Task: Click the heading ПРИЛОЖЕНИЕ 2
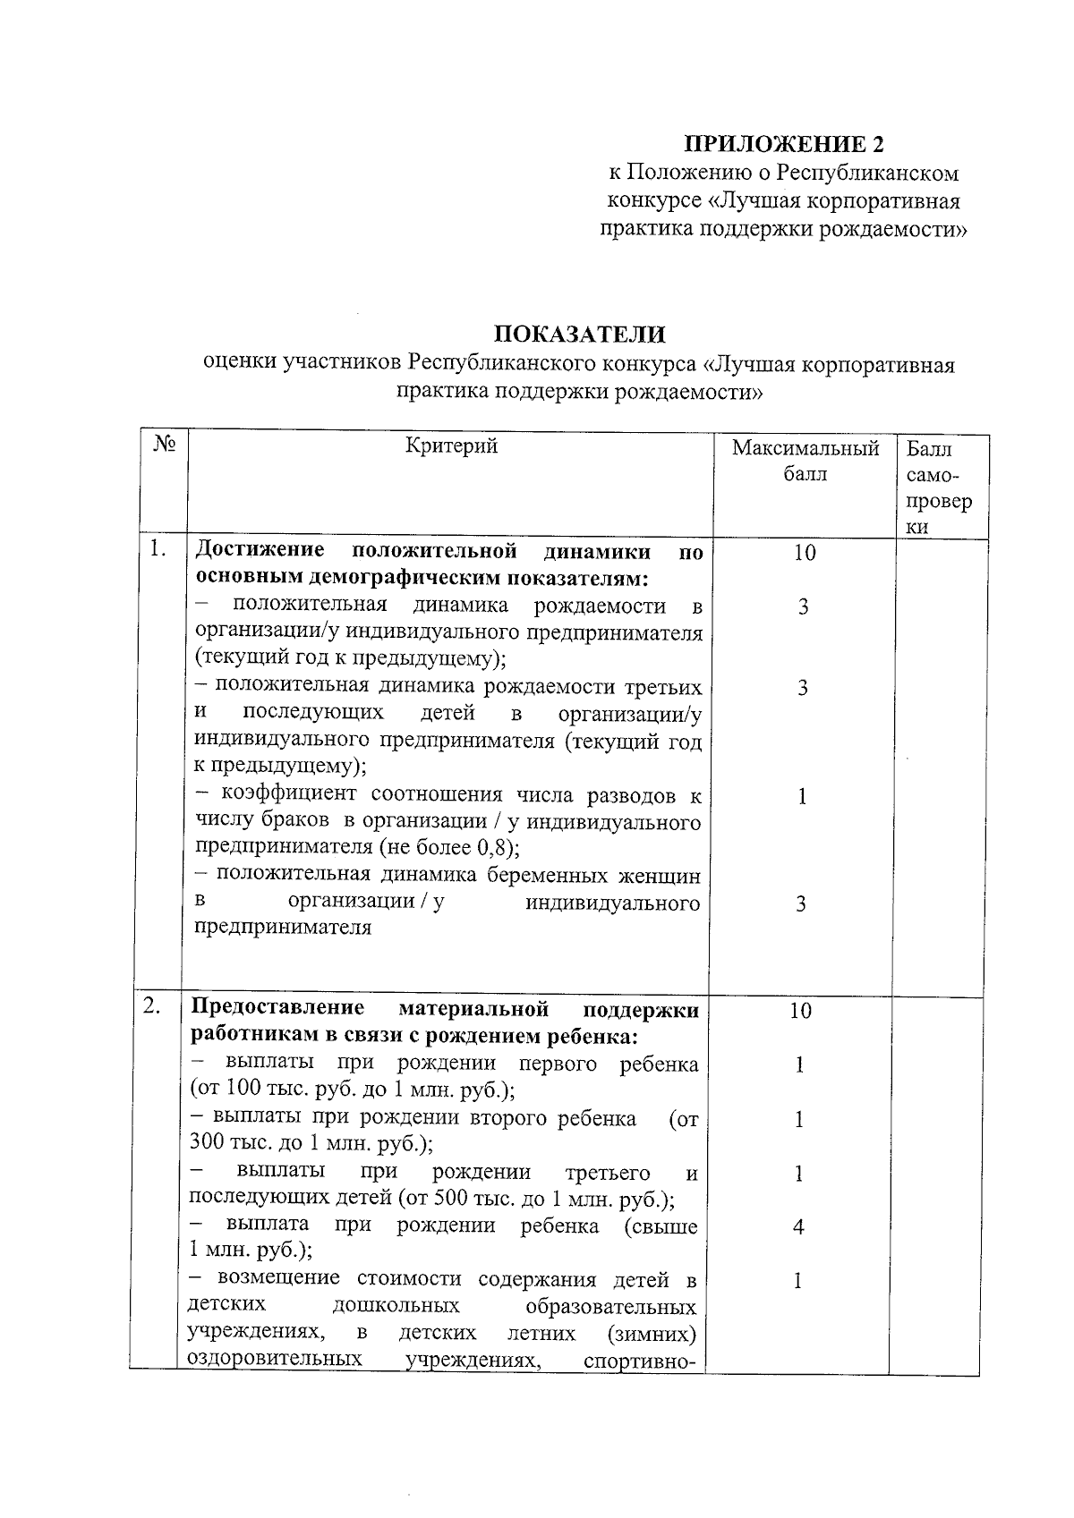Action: click(x=784, y=144)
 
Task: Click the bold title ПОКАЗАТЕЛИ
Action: click(x=581, y=335)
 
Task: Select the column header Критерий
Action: click(x=451, y=445)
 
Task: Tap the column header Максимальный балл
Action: click(x=805, y=460)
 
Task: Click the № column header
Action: click(x=164, y=445)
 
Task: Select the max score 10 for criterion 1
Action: click(x=804, y=553)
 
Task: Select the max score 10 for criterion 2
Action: click(x=800, y=1011)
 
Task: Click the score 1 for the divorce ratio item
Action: click(x=803, y=796)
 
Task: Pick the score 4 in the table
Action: click(x=798, y=1227)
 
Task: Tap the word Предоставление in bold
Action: click(x=277, y=1008)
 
